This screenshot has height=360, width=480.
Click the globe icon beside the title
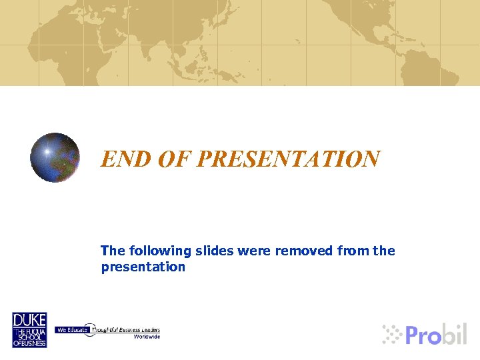(x=55, y=158)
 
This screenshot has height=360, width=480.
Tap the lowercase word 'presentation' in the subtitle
(x=143, y=267)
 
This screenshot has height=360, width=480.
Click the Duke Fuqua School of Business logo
(x=29, y=329)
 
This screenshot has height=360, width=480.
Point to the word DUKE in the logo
(x=29, y=320)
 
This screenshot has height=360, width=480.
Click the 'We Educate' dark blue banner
(x=71, y=329)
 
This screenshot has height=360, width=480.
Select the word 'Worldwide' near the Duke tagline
(x=147, y=337)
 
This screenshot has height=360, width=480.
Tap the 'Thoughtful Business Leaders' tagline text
(x=127, y=329)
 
